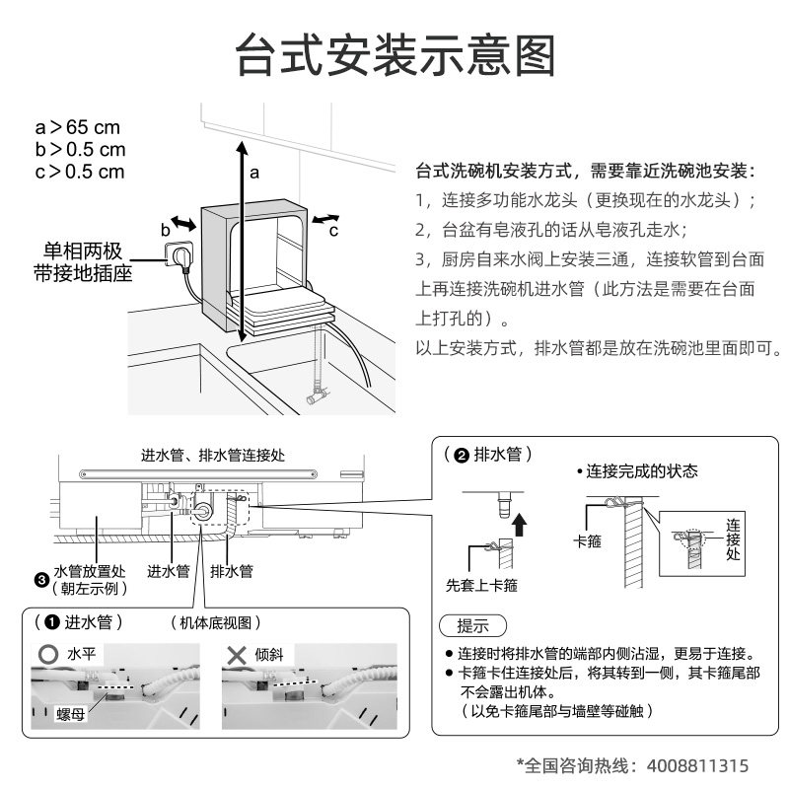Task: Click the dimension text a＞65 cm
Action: [78, 128]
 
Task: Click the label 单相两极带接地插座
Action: [82, 262]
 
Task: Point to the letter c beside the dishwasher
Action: [333, 230]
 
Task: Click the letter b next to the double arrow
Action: [165, 229]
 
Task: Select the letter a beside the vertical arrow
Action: [253, 172]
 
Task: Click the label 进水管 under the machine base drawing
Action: [168, 570]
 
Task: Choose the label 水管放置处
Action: [89, 571]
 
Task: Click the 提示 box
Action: [471, 626]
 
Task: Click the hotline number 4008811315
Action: [696, 764]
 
